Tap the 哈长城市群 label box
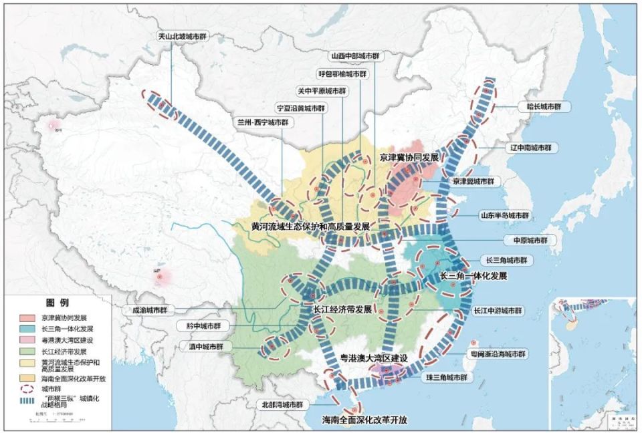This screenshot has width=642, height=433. coord(544,106)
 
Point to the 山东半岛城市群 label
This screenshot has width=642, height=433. coord(505,216)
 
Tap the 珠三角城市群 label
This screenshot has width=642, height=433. coord(447,378)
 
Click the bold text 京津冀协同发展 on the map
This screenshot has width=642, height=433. coord(409,158)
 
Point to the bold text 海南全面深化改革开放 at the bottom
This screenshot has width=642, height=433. coord(365,420)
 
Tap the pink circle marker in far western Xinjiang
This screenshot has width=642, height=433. coord(53,125)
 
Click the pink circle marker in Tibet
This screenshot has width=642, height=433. coord(161,276)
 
